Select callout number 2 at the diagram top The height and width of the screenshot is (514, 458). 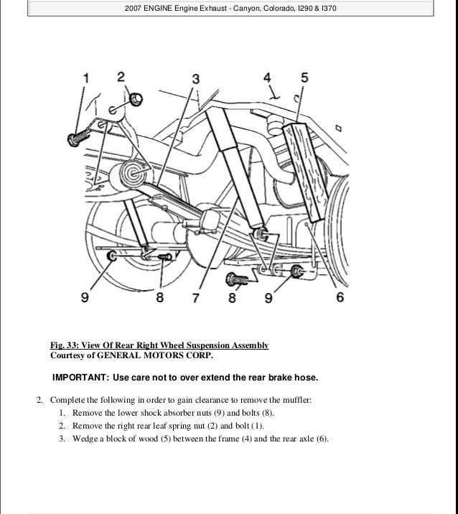[121, 76]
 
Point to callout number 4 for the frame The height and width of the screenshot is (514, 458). [267, 77]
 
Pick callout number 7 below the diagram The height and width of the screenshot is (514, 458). [195, 295]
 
